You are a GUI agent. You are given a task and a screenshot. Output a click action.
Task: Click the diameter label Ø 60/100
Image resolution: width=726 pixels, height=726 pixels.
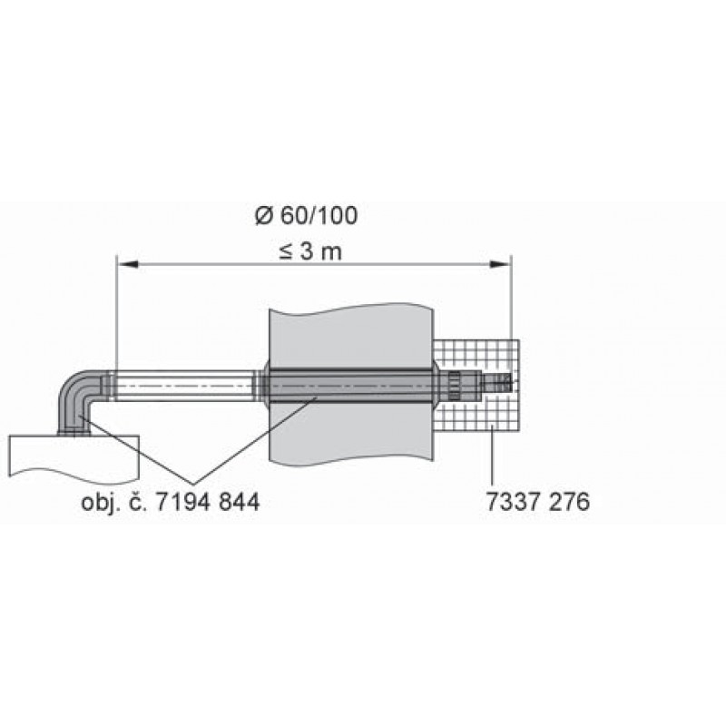[x=306, y=216]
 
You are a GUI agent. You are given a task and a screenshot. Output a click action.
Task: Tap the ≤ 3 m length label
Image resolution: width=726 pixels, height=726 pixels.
[x=310, y=252]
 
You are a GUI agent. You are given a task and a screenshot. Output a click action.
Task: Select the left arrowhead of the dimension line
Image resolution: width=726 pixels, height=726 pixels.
[x=128, y=264]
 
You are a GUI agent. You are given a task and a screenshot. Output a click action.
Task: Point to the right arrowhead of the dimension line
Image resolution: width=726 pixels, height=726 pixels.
[x=500, y=264]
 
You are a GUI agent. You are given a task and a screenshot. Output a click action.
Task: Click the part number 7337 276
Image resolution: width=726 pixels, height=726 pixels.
[x=537, y=502]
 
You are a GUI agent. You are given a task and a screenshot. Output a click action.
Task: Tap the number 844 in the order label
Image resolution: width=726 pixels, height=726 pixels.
[x=240, y=502]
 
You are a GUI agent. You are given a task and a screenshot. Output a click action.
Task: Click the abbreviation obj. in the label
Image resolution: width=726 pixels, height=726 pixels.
[x=101, y=503]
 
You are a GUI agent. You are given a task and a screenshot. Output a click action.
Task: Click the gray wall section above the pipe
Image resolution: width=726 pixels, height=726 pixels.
[x=350, y=336]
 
